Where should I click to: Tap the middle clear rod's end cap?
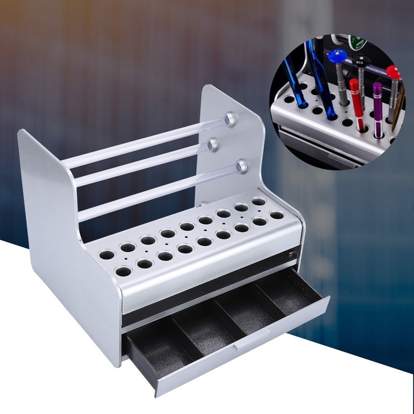coord(212,146)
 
